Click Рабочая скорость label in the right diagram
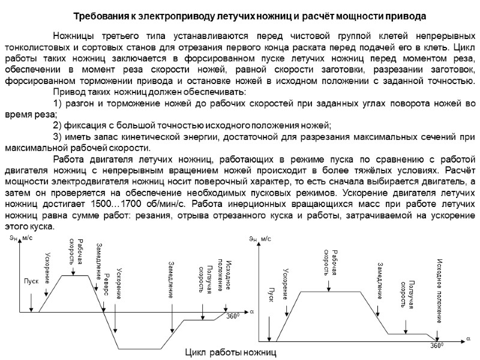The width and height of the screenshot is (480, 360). pos(331,262)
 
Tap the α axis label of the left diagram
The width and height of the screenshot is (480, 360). pos(252,312)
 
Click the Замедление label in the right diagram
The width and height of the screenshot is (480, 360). pos(380,281)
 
